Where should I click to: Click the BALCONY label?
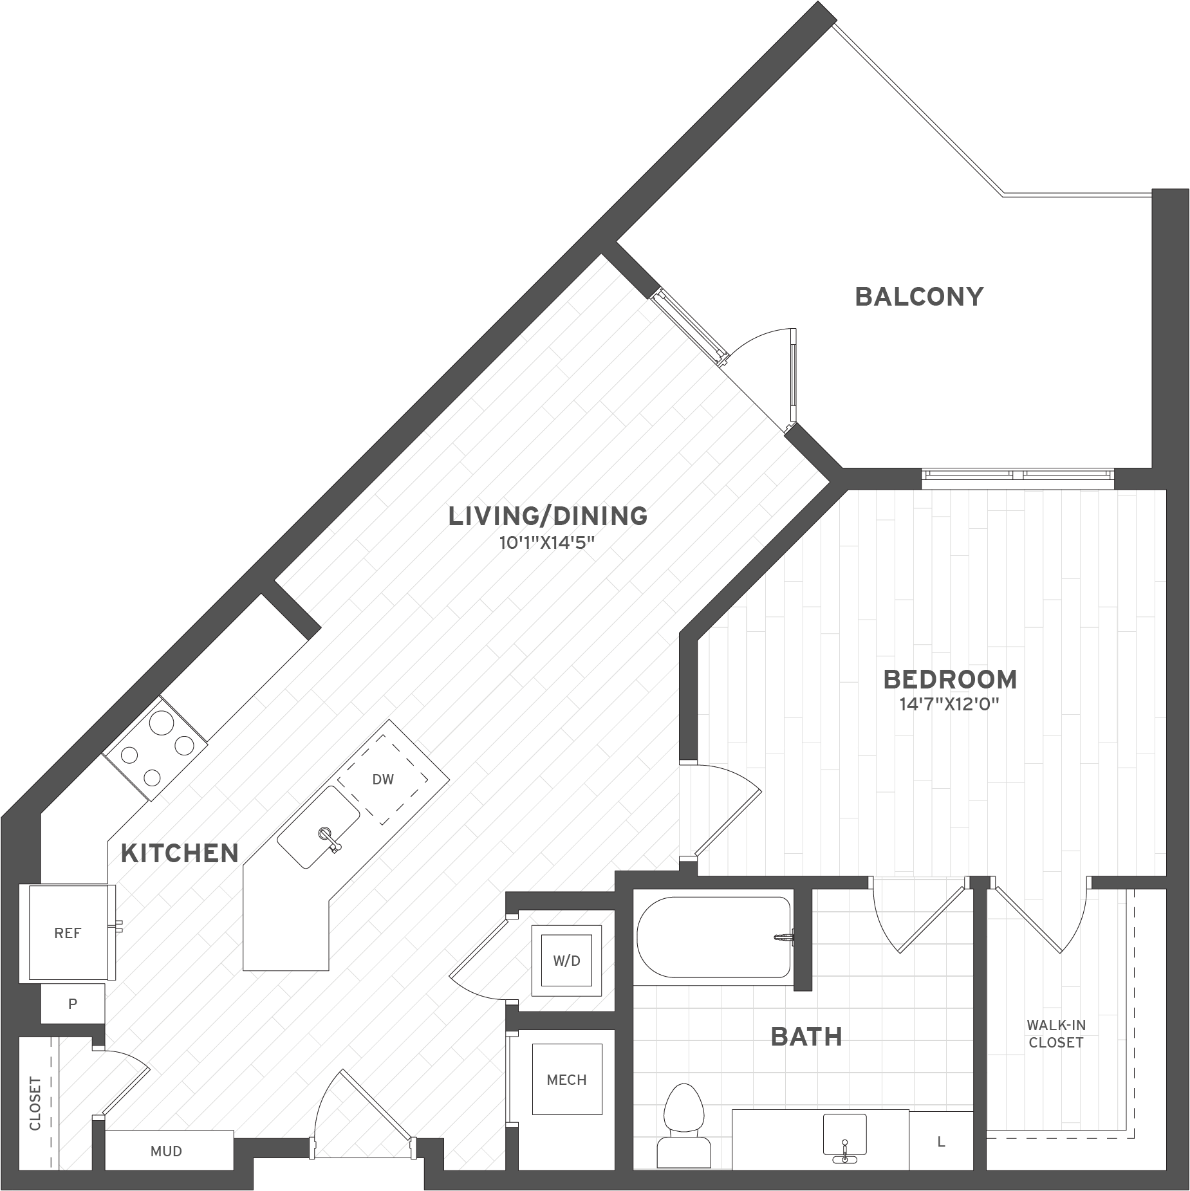[x=919, y=297]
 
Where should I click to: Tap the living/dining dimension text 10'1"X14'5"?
[x=546, y=543]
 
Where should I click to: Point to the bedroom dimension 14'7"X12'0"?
[x=950, y=705]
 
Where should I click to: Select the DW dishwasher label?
[x=383, y=780]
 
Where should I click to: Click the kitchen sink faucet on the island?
[x=328, y=839]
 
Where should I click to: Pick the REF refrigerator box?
[x=68, y=933]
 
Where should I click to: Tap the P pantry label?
[x=73, y=1003]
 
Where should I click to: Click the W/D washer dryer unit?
[x=566, y=961]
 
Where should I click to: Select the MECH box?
[x=567, y=1079]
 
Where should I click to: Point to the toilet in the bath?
[x=683, y=1125]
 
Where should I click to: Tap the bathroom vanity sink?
[x=845, y=1137]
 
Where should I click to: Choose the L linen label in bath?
[x=941, y=1142]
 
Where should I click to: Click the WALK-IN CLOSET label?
[x=1056, y=1033]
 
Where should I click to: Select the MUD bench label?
[x=166, y=1151]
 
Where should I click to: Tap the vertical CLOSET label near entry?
[x=35, y=1103]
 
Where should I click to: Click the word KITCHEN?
[x=180, y=853]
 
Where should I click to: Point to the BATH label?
[x=806, y=1037]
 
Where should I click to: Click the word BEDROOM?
[x=950, y=679]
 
